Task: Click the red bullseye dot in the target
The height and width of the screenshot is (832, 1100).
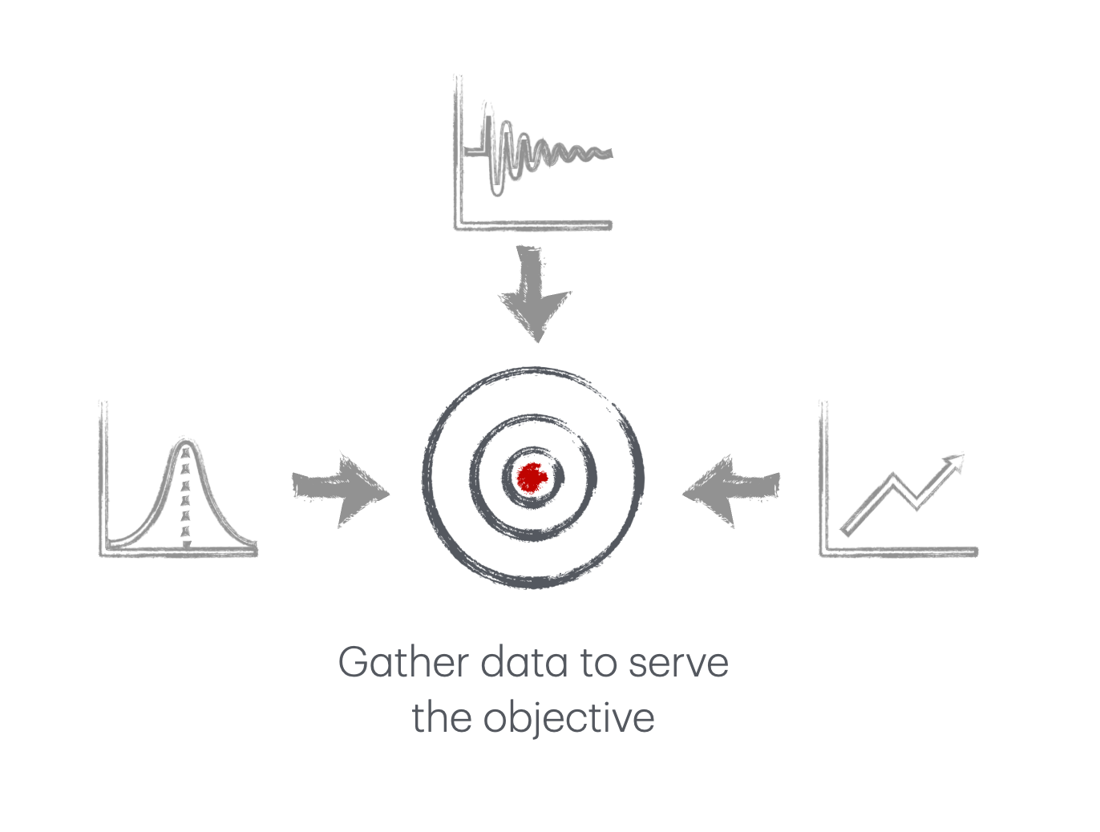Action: coord(532,478)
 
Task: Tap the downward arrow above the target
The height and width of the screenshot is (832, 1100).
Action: coord(533,297)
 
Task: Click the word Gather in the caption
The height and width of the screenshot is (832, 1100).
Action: coord(403,664)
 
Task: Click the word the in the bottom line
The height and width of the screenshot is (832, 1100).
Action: coord(440,718)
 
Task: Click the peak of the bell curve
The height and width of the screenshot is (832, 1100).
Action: coord(186,442)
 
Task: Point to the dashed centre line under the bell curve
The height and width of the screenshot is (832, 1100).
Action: coord(186,501)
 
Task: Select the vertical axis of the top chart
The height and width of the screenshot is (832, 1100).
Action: coord(458,152)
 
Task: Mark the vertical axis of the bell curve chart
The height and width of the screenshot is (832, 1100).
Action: coord(103,481)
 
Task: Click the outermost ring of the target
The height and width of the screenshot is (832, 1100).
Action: coord(424,478)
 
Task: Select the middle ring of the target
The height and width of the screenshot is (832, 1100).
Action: coord(473,478)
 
